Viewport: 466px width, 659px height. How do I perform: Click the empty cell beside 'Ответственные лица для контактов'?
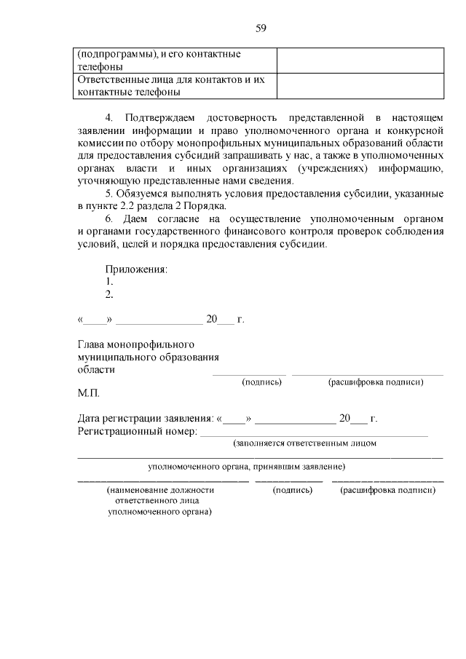[x=360, y=86]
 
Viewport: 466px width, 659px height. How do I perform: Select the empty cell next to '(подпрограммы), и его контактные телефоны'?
[x=360, y=60]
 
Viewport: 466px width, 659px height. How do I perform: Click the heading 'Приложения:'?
[x=136, y=269]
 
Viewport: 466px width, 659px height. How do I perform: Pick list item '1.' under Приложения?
[x=109, y=281]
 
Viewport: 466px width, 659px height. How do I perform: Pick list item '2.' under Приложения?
[x=109, y=294]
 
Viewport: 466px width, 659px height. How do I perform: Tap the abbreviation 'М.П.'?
[x=88, y=393]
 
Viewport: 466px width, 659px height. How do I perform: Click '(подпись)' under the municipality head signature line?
[x=261, y=382]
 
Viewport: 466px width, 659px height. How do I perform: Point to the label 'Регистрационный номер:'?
[x=137, y=432]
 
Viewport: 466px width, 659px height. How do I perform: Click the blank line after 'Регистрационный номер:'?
[x=313, y=435]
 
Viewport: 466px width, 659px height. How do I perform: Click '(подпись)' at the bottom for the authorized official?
[x=292, y=491]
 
